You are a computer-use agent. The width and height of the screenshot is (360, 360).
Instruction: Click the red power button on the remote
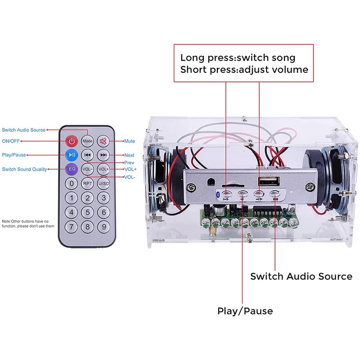72,141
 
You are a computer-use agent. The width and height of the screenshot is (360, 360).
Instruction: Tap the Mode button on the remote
88,141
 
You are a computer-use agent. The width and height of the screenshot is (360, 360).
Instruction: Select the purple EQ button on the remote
72,169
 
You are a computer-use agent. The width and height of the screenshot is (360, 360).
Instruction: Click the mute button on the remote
103,141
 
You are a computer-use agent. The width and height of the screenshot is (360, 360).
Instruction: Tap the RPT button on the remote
88,183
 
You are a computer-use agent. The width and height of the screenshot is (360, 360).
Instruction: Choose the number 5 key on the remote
88,212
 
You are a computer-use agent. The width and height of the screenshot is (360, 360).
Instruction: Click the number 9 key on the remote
103,227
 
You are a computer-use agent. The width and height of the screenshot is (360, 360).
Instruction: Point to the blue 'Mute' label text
130,141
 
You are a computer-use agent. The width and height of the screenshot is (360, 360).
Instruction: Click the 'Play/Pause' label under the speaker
245,311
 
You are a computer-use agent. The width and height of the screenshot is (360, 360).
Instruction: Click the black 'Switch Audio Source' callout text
301,276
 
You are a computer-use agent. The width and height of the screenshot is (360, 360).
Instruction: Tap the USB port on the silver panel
264,181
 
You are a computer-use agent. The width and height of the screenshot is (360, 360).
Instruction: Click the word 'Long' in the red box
191,58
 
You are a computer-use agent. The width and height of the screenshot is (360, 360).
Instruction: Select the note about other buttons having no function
28,224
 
